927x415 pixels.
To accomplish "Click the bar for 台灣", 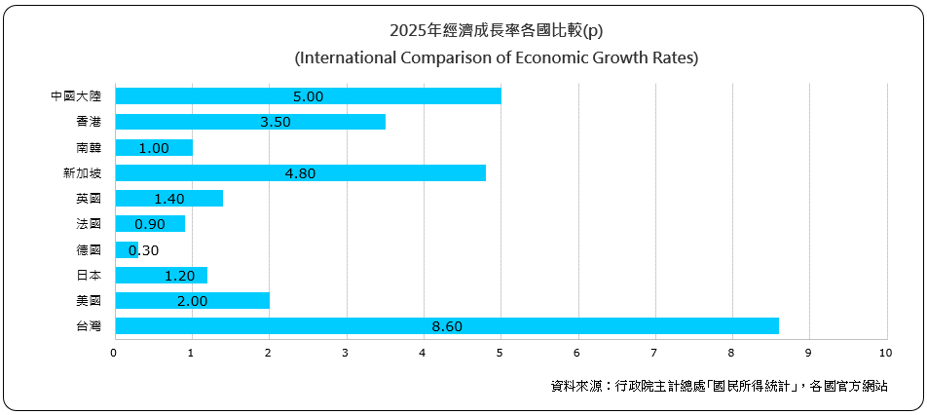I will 446,325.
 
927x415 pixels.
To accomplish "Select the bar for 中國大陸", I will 308,95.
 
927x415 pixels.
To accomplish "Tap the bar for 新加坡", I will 300,172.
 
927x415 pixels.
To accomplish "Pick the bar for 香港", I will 250,122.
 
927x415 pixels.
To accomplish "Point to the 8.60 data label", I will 446,326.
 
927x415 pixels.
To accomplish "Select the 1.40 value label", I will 169,199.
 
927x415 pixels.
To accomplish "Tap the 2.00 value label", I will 193,301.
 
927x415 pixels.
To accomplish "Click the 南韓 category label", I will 88,148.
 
